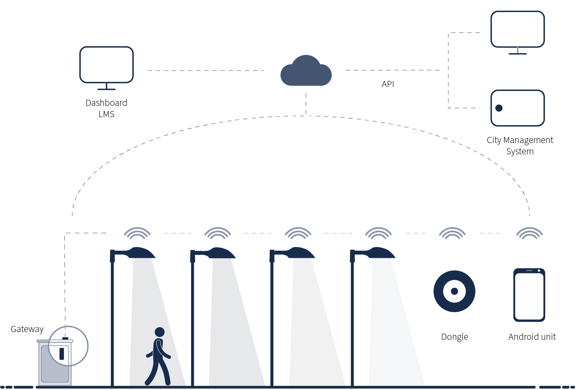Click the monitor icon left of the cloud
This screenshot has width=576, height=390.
point(106,65)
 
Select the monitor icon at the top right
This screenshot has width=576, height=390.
point(517,29)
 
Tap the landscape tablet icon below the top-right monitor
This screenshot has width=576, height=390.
point(517,108)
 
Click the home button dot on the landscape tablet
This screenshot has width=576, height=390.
point(499,108)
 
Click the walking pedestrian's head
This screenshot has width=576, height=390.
point(160,332)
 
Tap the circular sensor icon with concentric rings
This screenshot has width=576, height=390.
point(454,291)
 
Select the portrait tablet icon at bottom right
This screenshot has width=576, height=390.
point(529,295)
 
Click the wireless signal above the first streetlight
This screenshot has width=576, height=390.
point(137,233)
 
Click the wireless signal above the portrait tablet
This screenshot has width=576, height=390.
point(529,233)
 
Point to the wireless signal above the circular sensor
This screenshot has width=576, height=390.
point(452,233)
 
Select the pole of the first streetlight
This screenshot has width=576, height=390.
point(112,324)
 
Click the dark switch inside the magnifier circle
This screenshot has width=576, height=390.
point(62,353)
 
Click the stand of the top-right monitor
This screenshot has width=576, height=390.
point(518,51)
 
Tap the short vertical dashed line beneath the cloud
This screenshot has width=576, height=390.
point(306,104)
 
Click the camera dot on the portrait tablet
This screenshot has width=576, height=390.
point(539,271)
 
